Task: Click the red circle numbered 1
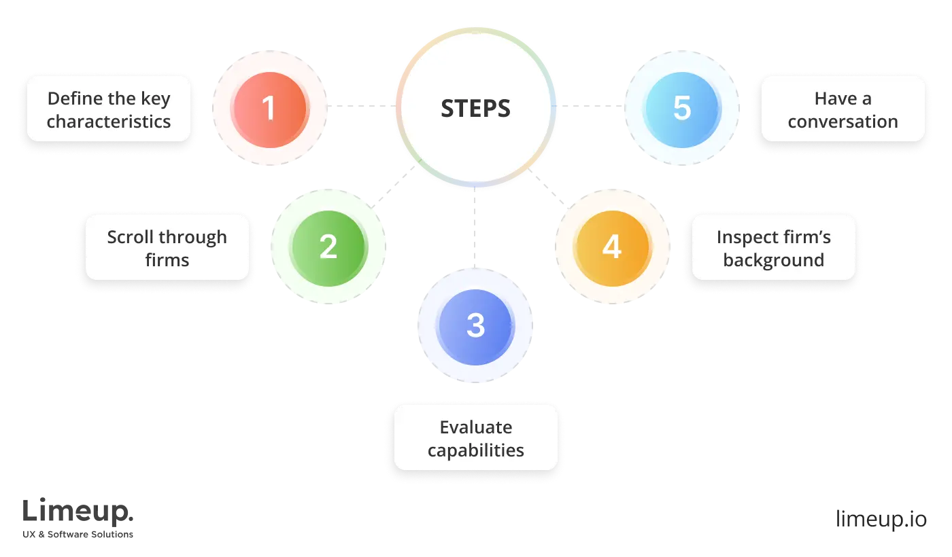click(270, 108)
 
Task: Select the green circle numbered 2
click(328, 247)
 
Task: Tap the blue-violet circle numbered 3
click(475, 325)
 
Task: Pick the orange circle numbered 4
click(611, 247)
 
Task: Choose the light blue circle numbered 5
click(682, 108)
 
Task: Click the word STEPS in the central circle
click(475, 108)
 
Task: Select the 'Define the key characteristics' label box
click(109, 109)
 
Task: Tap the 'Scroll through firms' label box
click(167, 248)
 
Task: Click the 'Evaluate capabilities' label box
click(476, 438)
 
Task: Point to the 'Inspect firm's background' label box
click(773, 248)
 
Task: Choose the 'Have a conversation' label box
click(843, 109)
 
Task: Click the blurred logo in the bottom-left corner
click(78, 518)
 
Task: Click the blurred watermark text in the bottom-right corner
click(881, 516)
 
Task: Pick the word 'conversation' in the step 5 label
click(843, 122)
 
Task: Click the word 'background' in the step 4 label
click(773, 260)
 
